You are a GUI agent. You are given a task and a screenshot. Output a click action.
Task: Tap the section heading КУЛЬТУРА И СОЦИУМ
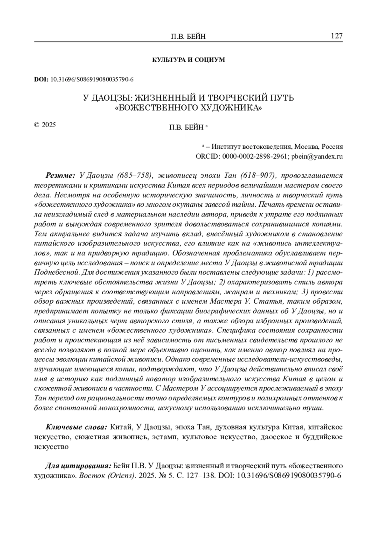coord(188,60)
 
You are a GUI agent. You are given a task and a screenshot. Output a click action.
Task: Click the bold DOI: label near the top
coord(41,79)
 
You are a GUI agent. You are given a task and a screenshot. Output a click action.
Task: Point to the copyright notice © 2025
coord(45,125)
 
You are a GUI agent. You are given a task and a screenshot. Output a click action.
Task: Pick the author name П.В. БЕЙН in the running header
coord(188,37)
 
